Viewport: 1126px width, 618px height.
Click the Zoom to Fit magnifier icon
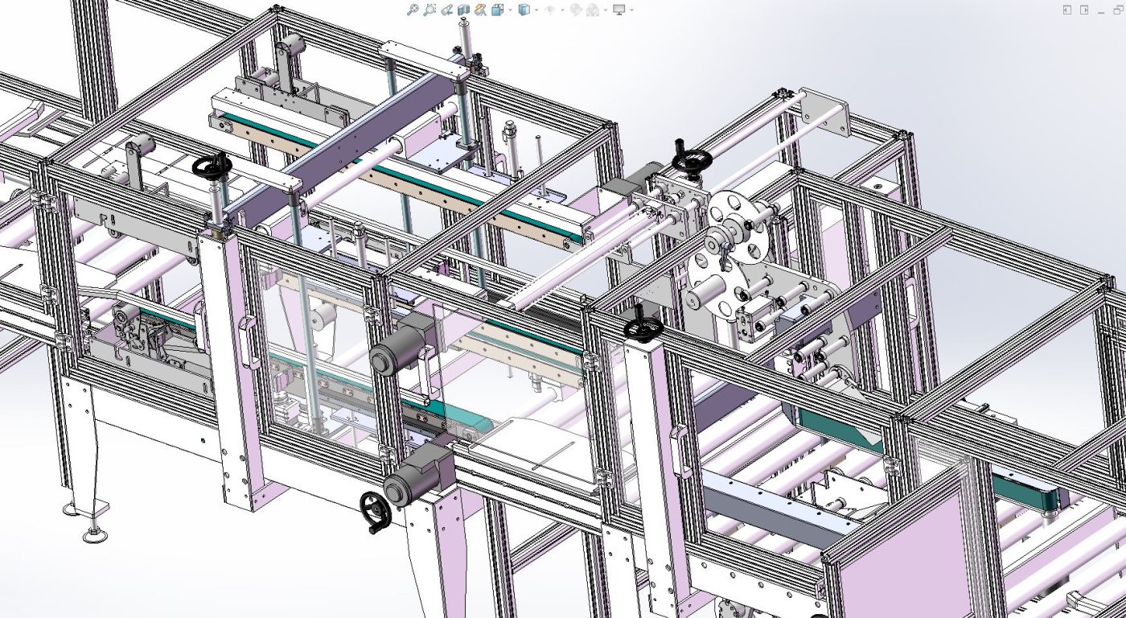(412, 10)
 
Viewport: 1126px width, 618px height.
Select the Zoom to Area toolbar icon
(429, 10)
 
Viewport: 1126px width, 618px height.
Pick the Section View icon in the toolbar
(463, 10)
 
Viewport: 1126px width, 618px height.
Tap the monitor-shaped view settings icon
(618, 10)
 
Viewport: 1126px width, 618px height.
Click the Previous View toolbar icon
(446, 10)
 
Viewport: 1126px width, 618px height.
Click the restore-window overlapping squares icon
(1117, 10)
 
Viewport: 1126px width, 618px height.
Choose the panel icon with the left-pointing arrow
(1067, 10)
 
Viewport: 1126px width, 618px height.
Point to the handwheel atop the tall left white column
(212, 167)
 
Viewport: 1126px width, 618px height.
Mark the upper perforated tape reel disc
(737, 228)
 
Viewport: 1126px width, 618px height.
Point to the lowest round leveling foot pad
(95, 535)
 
